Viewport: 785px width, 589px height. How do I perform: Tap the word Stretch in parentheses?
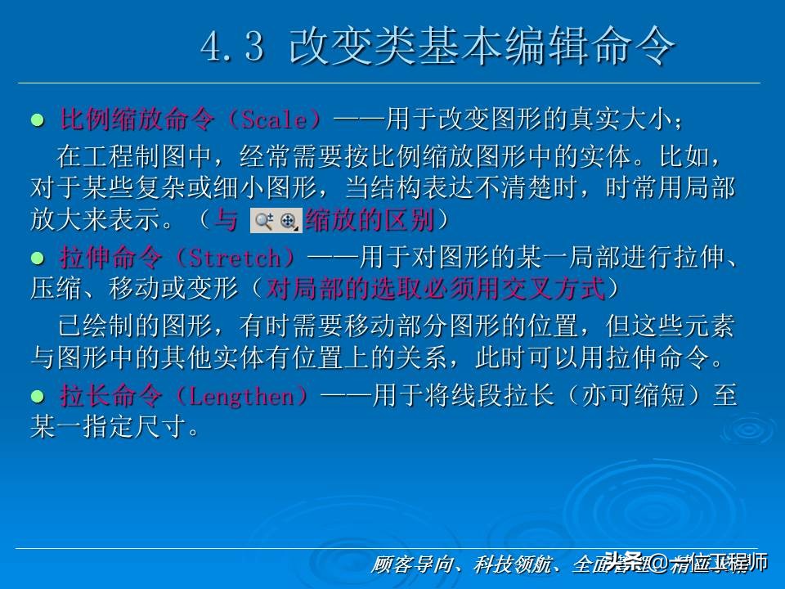click(239, 259)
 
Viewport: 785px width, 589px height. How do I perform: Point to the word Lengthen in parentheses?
click(249, 398)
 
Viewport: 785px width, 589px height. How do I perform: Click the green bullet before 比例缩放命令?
click(36, 120)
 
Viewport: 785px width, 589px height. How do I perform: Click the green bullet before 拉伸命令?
click(36, 259)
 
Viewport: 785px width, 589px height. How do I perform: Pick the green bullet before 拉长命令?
click(36, 398)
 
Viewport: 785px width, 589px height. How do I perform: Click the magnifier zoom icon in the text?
click(263, 220)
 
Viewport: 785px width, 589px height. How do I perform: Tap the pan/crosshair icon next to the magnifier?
click(288, 220)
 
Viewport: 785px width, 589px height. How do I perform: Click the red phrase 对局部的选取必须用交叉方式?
click(436, 288)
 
